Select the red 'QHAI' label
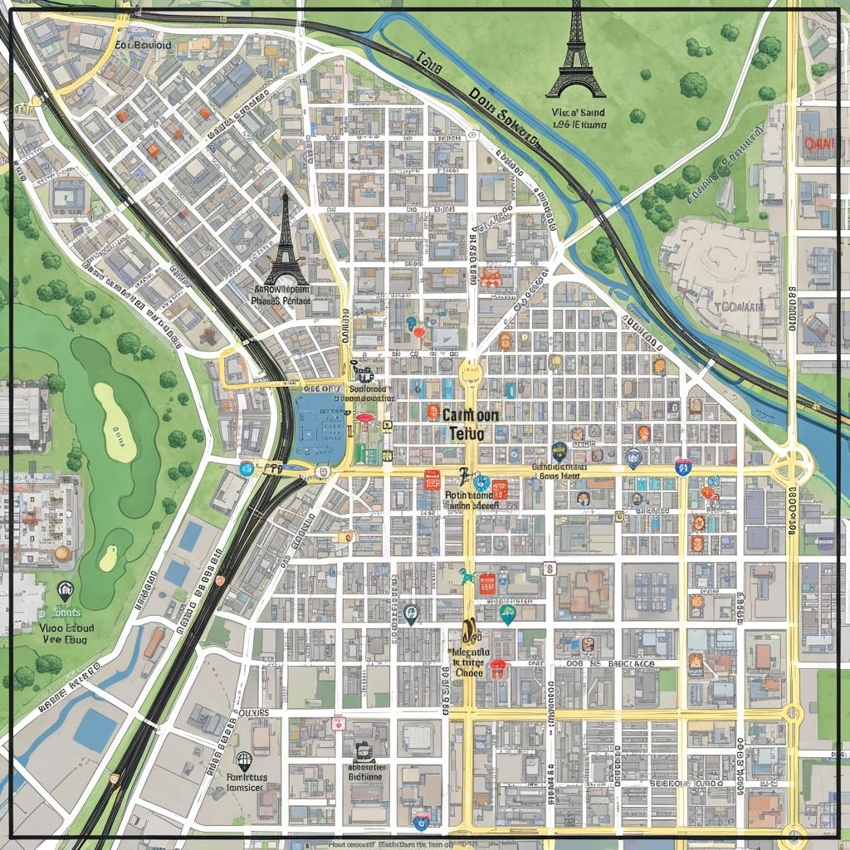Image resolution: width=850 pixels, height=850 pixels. point(819,143)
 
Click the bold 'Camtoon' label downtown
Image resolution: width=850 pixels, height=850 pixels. point(471,415)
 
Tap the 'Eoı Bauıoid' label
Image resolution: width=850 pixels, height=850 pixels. point(143,46)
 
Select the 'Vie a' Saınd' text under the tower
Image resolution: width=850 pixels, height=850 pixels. point(578,112)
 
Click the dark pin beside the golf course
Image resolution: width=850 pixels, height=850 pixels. point(66,590)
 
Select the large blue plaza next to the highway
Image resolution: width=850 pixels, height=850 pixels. point(320,427)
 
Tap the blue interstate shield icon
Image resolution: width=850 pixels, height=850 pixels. point(683,467)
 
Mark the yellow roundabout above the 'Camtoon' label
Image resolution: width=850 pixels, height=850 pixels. point(470,371)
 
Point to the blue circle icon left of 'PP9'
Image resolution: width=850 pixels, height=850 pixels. point(246,469)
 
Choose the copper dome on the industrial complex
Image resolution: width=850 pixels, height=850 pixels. point(62,554)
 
